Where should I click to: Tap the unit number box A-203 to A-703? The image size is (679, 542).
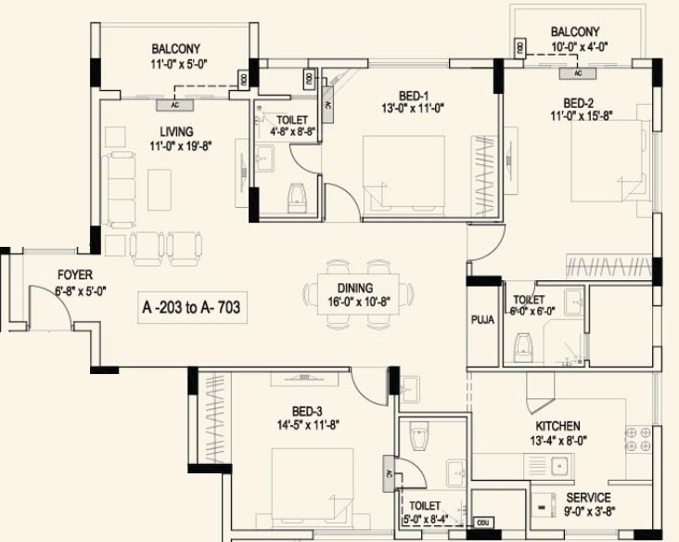191,307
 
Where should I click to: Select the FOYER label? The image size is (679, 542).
75,275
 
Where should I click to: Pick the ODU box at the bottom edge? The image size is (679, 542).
480,522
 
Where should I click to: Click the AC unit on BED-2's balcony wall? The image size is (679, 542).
578,72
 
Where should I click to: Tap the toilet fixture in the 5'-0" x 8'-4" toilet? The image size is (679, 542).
418,436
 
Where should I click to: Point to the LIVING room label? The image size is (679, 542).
176,131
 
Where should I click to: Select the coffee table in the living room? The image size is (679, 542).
160,190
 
